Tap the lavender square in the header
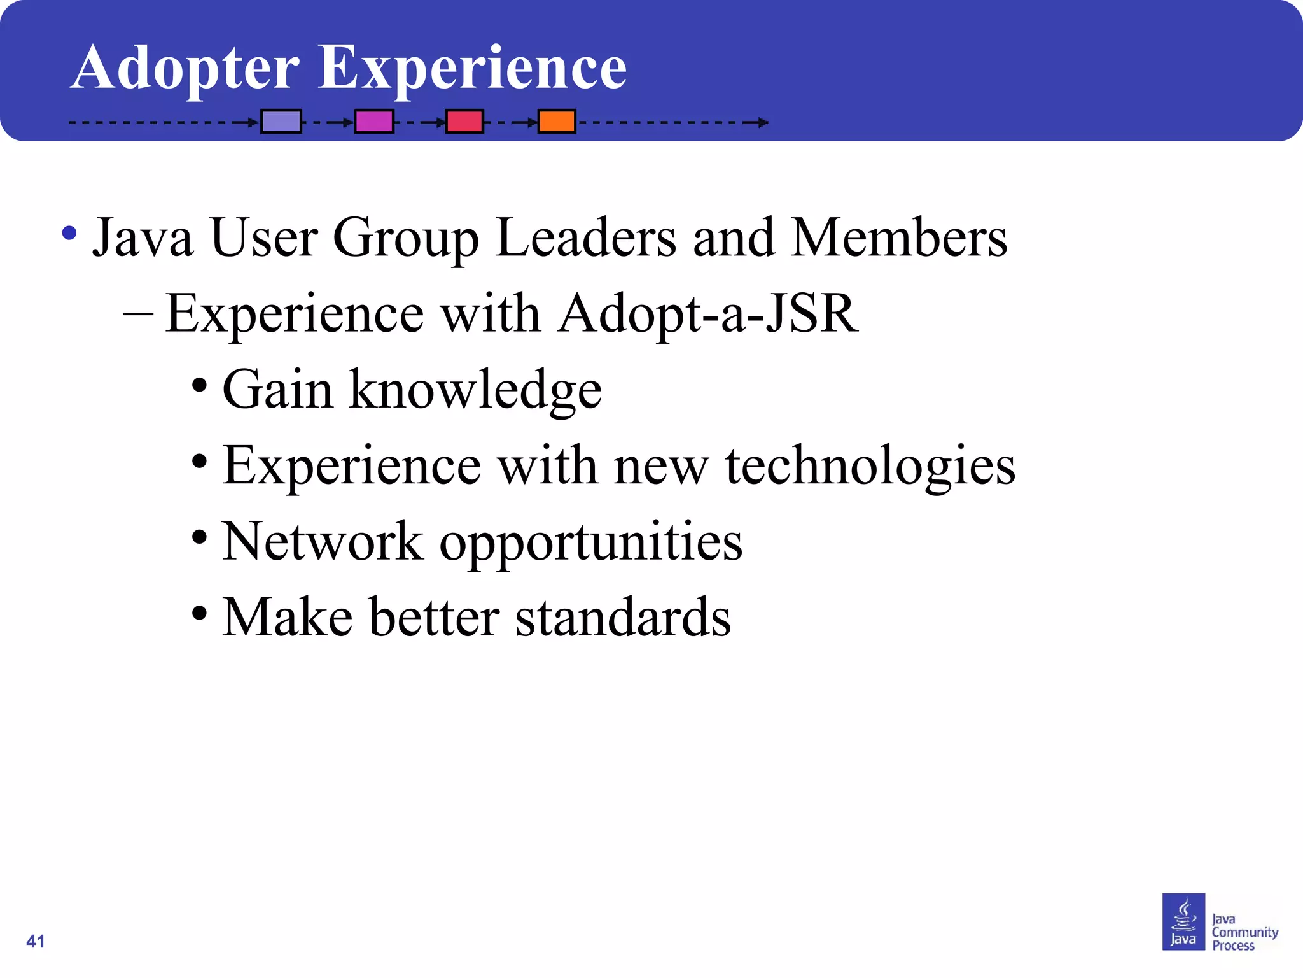(x=281, y=121)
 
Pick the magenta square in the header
(x=374, y=121)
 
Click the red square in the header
(x=464, y=121)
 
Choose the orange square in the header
(x=557, y=121)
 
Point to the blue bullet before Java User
(x=69, y=234)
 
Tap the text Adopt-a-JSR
(x=708, y=313)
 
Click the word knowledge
(x=475, y=390)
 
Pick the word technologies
(x=870, y=465)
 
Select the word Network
(x=323, y=541)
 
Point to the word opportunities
(x=591, y=542)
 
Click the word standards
(x=623, y=617)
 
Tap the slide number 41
(x=36, y=941)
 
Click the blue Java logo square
(x=1183, y=921)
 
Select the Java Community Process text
(x=1244, y=932)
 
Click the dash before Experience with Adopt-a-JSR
(x=138, y=313)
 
